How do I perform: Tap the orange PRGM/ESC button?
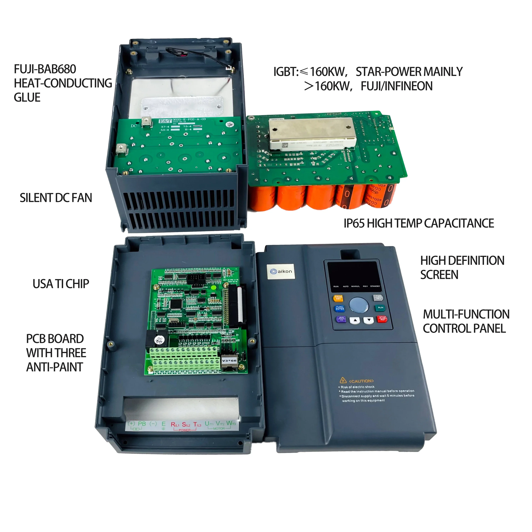338,298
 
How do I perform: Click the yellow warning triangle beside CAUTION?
343,381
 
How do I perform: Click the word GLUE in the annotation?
27,98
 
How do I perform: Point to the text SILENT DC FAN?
56,198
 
